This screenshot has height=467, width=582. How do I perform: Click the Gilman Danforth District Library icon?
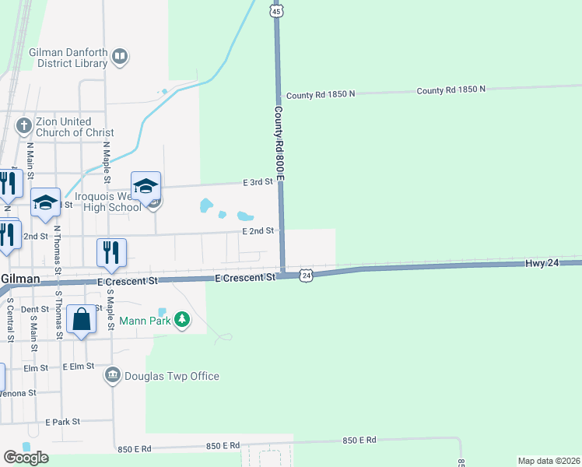point(120,56)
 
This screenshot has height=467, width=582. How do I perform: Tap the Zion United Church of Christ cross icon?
point(24,126)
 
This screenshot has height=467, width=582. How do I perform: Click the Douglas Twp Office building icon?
point(114,376)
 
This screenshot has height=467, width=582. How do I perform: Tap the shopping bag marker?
point(82,320)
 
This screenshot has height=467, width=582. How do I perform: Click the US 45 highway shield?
point(277,10)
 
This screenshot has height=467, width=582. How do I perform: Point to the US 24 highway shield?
point(307,276)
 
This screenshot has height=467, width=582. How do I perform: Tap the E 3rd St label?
point(258,181)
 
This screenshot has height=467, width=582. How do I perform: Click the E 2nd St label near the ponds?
point(258,231)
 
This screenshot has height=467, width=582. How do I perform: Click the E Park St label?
point(63,422)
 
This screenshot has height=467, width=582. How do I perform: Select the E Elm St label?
point(79,366)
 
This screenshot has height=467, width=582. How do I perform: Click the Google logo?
point(26,458)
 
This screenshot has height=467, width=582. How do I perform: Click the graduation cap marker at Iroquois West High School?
point(145,187)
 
